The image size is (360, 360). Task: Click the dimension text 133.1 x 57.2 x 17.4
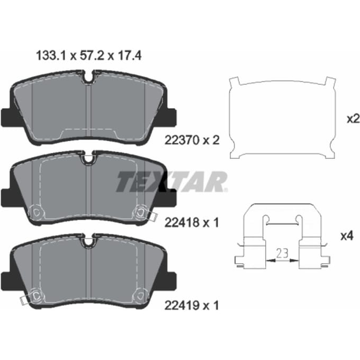coord(89,56)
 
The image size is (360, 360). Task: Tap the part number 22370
coord(182,140)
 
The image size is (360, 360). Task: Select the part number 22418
coord(182,222)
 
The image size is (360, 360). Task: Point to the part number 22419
coord(182,305)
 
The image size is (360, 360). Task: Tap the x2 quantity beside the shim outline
coord(353,119)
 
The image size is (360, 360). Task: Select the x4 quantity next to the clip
coord(347,236)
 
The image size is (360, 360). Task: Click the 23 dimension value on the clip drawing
coord(282,253)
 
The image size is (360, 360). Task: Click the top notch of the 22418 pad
coord(88,158)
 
